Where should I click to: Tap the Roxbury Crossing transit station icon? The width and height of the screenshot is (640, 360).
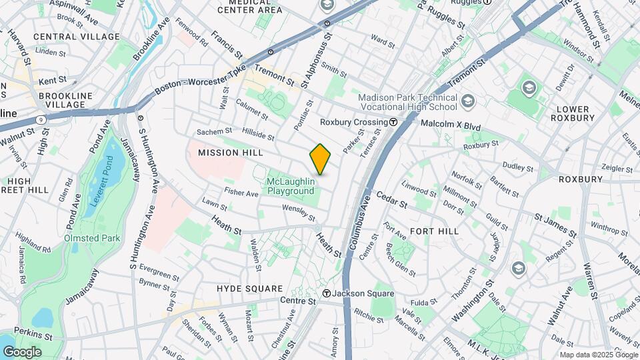tap(394, 123)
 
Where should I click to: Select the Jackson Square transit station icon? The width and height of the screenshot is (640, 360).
tap(327, 293)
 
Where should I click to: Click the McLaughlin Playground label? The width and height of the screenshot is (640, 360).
tap(291, 186)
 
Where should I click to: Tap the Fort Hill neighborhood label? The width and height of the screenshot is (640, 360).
tap(434, 231)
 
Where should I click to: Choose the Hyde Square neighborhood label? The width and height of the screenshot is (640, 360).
tap(250, 289)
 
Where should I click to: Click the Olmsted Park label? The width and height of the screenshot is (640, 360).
tap(93, 238)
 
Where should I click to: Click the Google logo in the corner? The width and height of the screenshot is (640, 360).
tap(22, 351)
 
